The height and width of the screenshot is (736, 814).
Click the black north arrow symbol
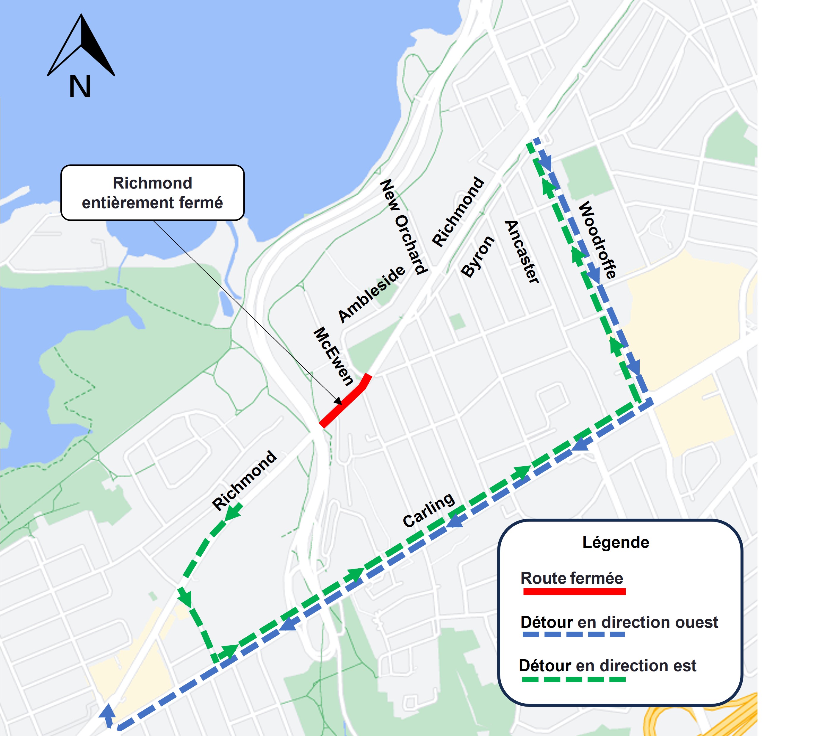click(x=82, y=46)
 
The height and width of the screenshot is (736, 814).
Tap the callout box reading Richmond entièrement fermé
click(x=152, y=192)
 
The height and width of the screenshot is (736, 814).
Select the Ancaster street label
click(x=522, y=252)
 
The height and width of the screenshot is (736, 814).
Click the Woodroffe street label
click(x=597, y=240)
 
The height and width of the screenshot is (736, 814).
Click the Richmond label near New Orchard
click(x=458, y=211)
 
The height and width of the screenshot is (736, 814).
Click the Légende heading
click(x=615, y=542)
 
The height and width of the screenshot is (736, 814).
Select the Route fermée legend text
click(x=571, y=578)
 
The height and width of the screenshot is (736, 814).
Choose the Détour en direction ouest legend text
click(x=619, y=622)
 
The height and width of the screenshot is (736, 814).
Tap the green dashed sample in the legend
click(x=574, y=679)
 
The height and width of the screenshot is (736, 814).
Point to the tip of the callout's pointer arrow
click(x=341, y=404)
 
